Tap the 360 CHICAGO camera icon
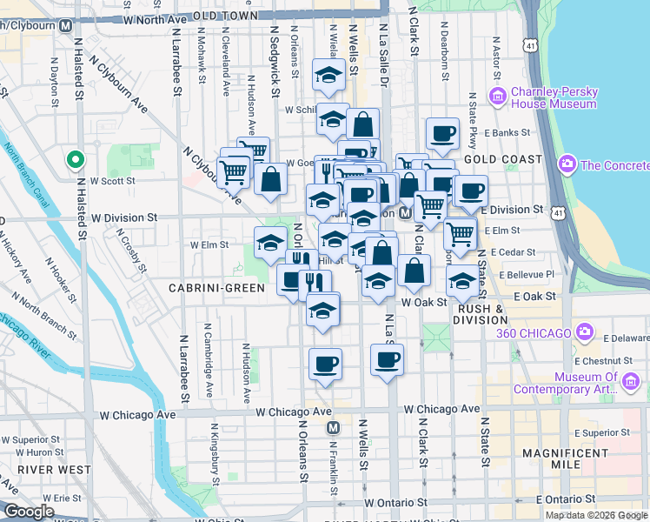click(586, 332)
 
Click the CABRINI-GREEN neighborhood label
click(209, 287)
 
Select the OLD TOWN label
click(225, 16)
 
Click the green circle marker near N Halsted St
click(76, 159)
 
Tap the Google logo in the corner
click(29, 512)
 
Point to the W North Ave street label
click(156, 17)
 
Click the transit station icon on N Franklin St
click(333, 428)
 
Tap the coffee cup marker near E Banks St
click(442, 133)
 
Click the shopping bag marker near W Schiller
click(363, 121)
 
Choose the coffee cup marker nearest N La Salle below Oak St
click(387, 358)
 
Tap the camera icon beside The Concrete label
click(567, 164)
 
